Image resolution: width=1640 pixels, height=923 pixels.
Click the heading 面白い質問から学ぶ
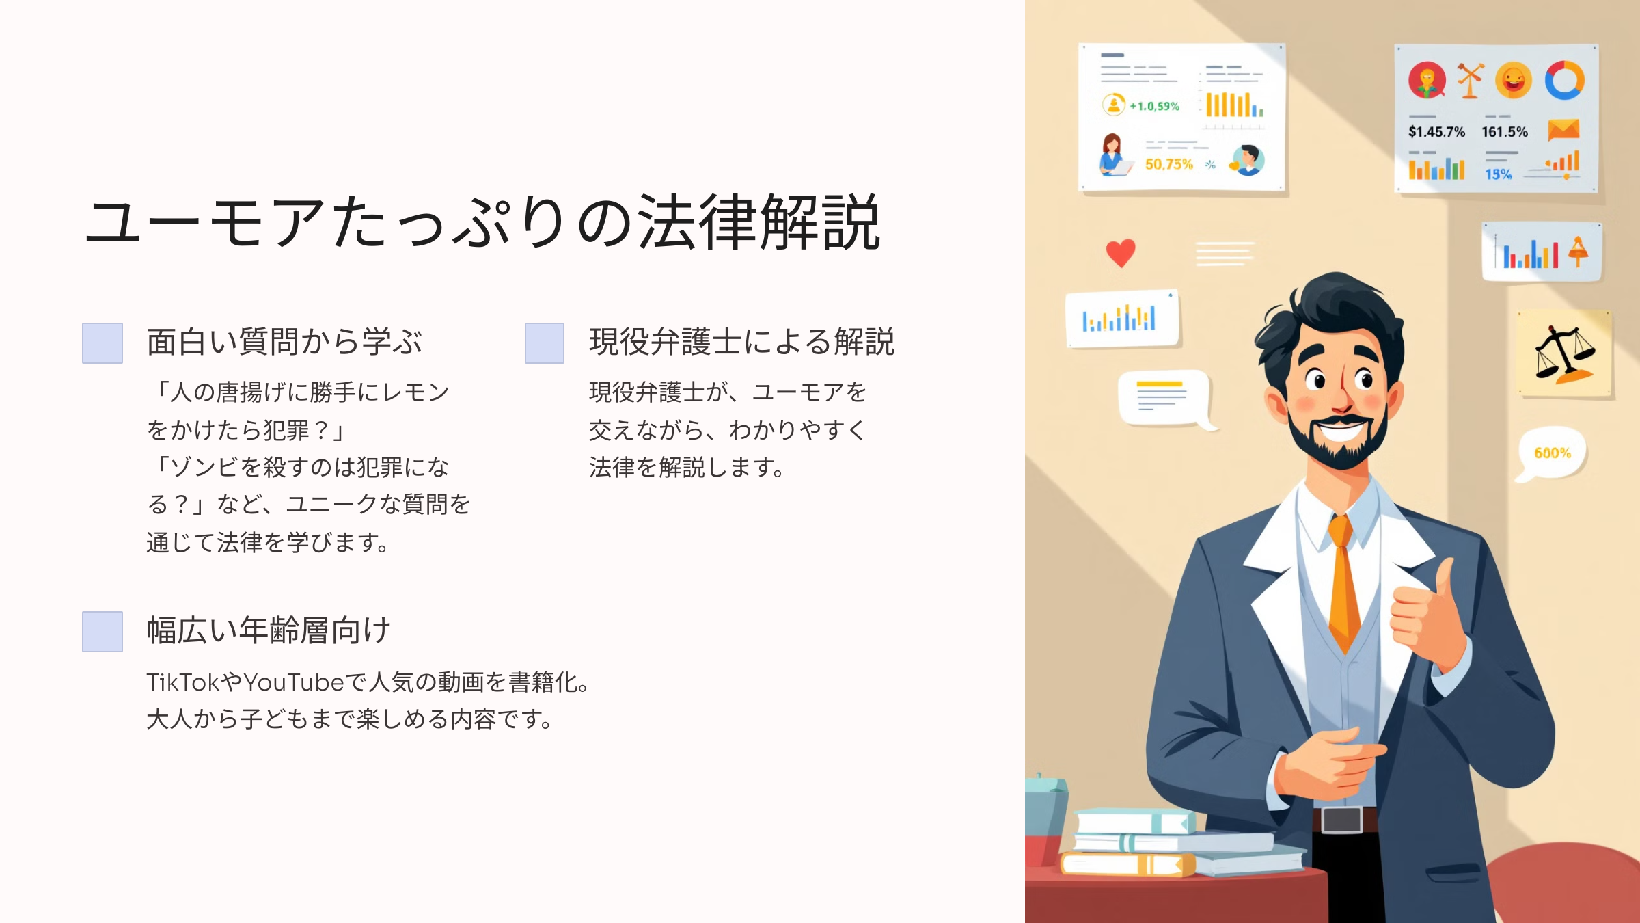[284, 342]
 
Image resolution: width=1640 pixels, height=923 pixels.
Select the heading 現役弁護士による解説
[741, 342]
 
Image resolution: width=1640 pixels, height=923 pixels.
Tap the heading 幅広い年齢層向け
[269, 630]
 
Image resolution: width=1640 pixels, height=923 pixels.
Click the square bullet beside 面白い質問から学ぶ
[102, 343]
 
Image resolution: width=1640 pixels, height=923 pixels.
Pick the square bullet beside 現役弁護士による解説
[545, 343]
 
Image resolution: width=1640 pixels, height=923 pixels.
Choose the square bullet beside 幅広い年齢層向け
[102, 632]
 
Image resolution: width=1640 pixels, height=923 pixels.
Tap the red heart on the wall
[1121, 253]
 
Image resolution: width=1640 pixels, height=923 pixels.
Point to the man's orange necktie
[1343, 581]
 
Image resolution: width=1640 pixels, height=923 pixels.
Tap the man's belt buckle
[1342, 820]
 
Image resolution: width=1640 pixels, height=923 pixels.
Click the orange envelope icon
[1563, 129]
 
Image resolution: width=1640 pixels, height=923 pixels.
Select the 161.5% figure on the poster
[1505, 132]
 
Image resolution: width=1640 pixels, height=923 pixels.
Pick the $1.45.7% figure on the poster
[1436, 132]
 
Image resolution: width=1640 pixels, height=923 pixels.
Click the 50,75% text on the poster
[1169, 164]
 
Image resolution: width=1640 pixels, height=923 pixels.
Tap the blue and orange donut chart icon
[1564, 81]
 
